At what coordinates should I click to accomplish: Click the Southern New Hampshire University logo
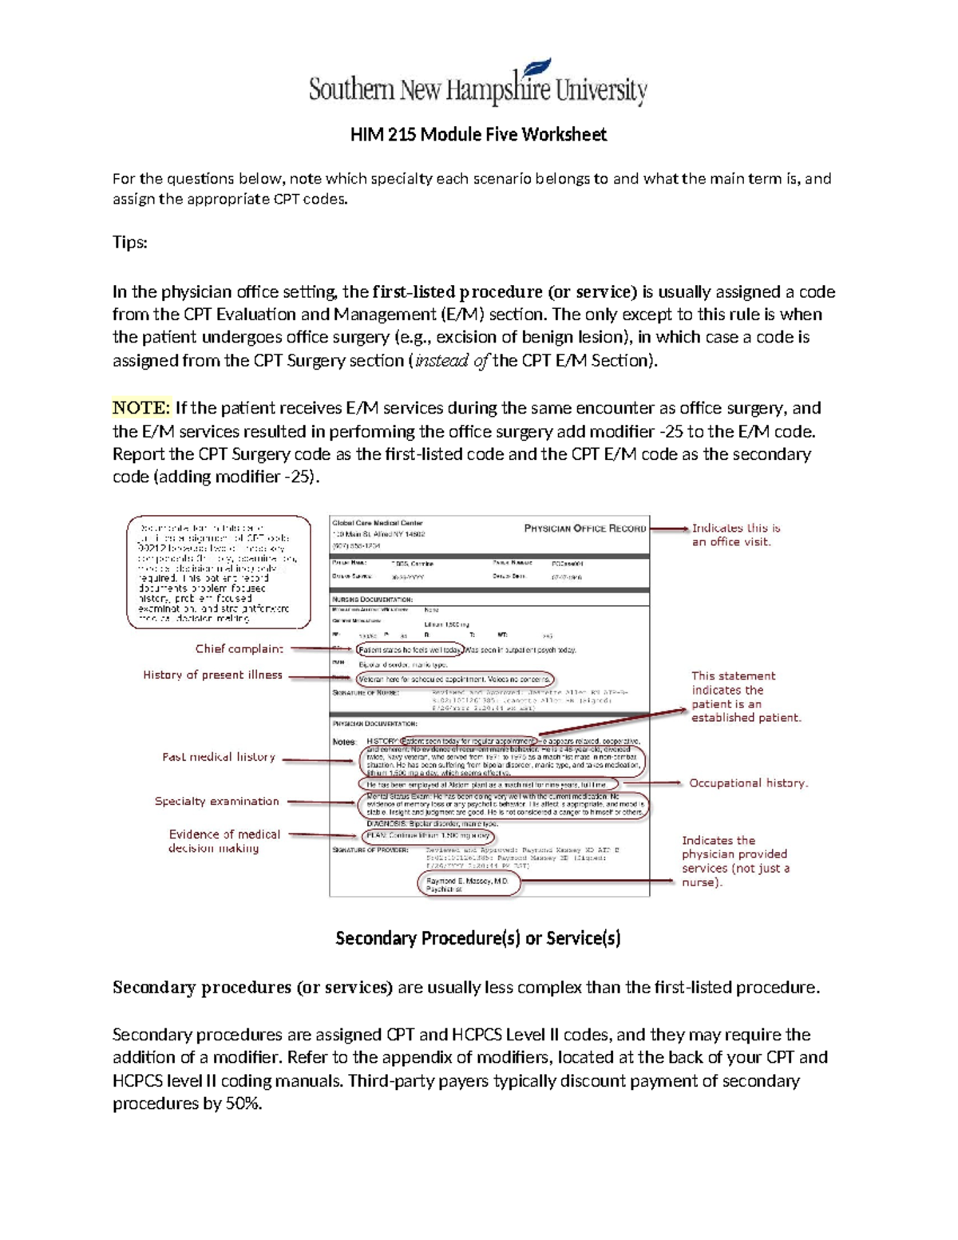[x=477, y=85]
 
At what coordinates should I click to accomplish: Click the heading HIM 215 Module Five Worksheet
[x=478, y=134]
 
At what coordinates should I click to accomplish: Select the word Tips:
[x=129, y=242]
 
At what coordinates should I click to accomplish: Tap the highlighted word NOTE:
[x=141, y=408]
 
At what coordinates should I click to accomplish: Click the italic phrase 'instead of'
[x=452, y=361]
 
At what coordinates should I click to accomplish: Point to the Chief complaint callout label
[x=239, y=649]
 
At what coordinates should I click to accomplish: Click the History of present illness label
[x=212, y=675]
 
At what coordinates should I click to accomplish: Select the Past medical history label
[x=219, y=757]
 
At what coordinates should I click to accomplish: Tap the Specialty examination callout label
[x=216, y=801]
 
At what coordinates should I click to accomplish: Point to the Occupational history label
[x=748, y=783]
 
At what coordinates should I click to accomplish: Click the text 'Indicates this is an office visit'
[x=735, y=534]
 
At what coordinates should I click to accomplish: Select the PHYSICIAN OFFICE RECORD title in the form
[x=584, y=529]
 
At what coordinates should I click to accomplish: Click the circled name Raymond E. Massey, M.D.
[x=468, y=881]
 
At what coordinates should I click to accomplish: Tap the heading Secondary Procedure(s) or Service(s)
[x=477, y=938]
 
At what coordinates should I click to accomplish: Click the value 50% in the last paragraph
[x=244, y=1104]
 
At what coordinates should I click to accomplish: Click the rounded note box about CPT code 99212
[x=219, y=572]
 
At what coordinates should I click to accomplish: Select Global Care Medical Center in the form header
[x=378, y=524]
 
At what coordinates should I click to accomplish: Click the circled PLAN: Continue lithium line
[x=428, y=836]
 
